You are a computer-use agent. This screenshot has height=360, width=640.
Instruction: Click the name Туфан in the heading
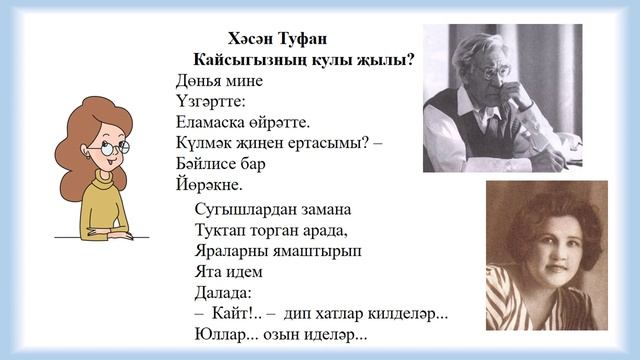point(299,38)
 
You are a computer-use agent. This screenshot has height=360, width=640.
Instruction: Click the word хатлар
point(342,314)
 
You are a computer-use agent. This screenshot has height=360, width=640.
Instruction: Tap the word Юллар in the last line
point(221,335)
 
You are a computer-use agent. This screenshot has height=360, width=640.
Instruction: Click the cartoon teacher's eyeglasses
point(111,150)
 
